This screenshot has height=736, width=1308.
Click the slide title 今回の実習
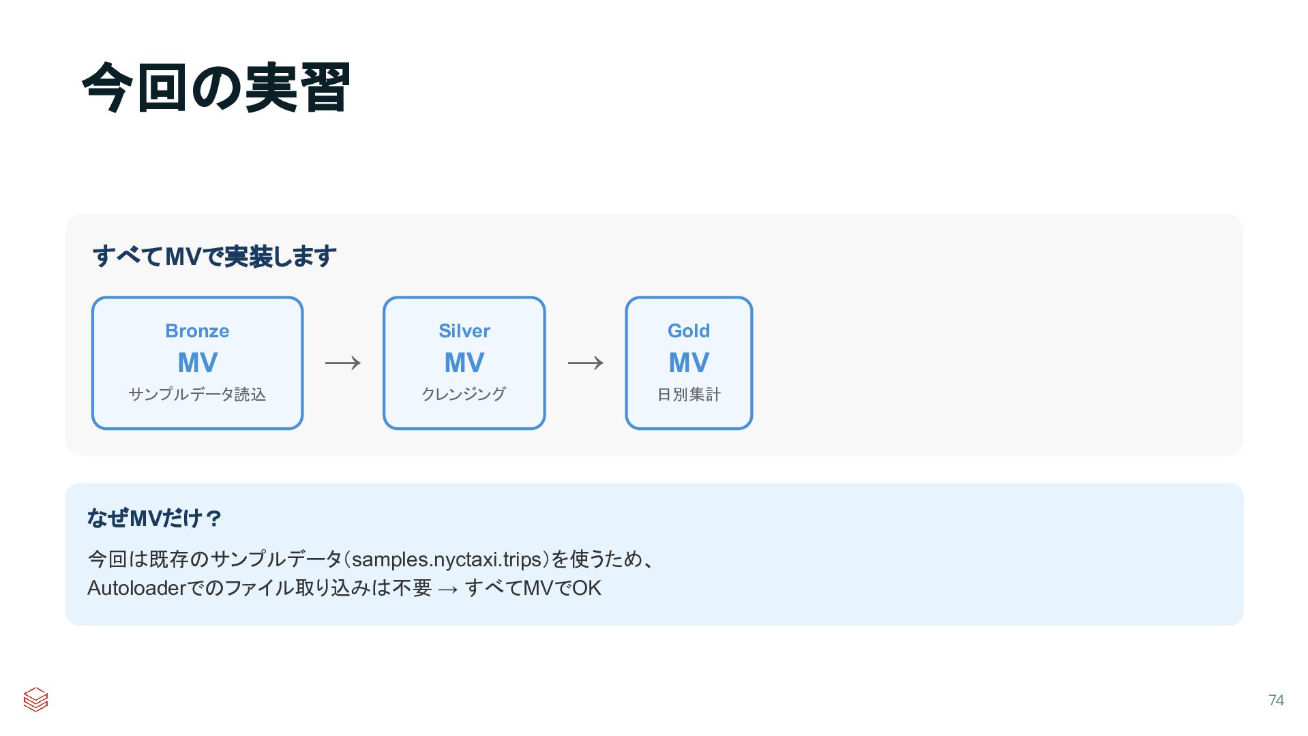[215, 87]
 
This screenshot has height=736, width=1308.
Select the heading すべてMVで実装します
[214, 256]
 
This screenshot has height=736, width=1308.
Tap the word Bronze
[197, 331]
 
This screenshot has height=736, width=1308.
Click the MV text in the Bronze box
[197, 363]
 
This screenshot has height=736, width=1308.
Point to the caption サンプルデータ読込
[197, 395]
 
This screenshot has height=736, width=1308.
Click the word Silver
[464, 331]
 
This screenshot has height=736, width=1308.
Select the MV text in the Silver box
[464, 363]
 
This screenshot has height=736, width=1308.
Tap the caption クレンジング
[464, 395]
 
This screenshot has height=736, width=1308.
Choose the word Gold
[688, 331]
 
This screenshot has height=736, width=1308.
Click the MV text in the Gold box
[688, 363]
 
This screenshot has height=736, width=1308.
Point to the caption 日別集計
[688, 395]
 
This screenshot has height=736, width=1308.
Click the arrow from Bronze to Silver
[343, 363]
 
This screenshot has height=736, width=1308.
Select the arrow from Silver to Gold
[585, 363]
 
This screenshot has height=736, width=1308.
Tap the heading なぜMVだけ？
[154, 519]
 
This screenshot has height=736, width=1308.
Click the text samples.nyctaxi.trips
[447, 559]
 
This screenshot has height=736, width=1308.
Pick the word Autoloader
[136, 588]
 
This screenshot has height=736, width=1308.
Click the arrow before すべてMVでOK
[448, 589]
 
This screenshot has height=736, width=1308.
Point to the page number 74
[1275, 701]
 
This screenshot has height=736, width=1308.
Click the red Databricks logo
[35, 699]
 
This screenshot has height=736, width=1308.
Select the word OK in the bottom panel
[586, 588]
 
